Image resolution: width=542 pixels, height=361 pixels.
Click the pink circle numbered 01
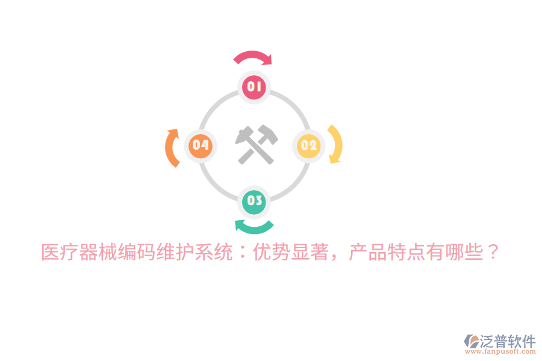[254, 87]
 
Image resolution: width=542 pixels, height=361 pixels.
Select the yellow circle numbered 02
[309, 146]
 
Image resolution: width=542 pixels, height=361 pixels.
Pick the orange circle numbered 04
[201, 146]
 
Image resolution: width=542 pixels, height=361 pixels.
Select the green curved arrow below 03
[254, 229]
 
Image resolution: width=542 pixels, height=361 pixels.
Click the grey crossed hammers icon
[256, 144]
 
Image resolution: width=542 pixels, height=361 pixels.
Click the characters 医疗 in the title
[60, 252]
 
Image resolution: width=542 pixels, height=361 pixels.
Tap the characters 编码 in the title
[137, 252]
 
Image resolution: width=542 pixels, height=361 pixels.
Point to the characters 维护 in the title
[175, 252]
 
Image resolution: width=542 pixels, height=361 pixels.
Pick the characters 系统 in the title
[214, 252]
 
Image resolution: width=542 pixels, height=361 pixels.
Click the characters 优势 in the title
[272, 252]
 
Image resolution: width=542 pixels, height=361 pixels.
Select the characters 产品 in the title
[368, 252]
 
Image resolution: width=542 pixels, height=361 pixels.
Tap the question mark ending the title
[492, 251]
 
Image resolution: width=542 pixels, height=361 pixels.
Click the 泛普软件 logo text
[508, 341]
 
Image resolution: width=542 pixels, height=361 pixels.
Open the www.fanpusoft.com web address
[500, 351]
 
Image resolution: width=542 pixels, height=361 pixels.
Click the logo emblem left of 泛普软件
[472, 341]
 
